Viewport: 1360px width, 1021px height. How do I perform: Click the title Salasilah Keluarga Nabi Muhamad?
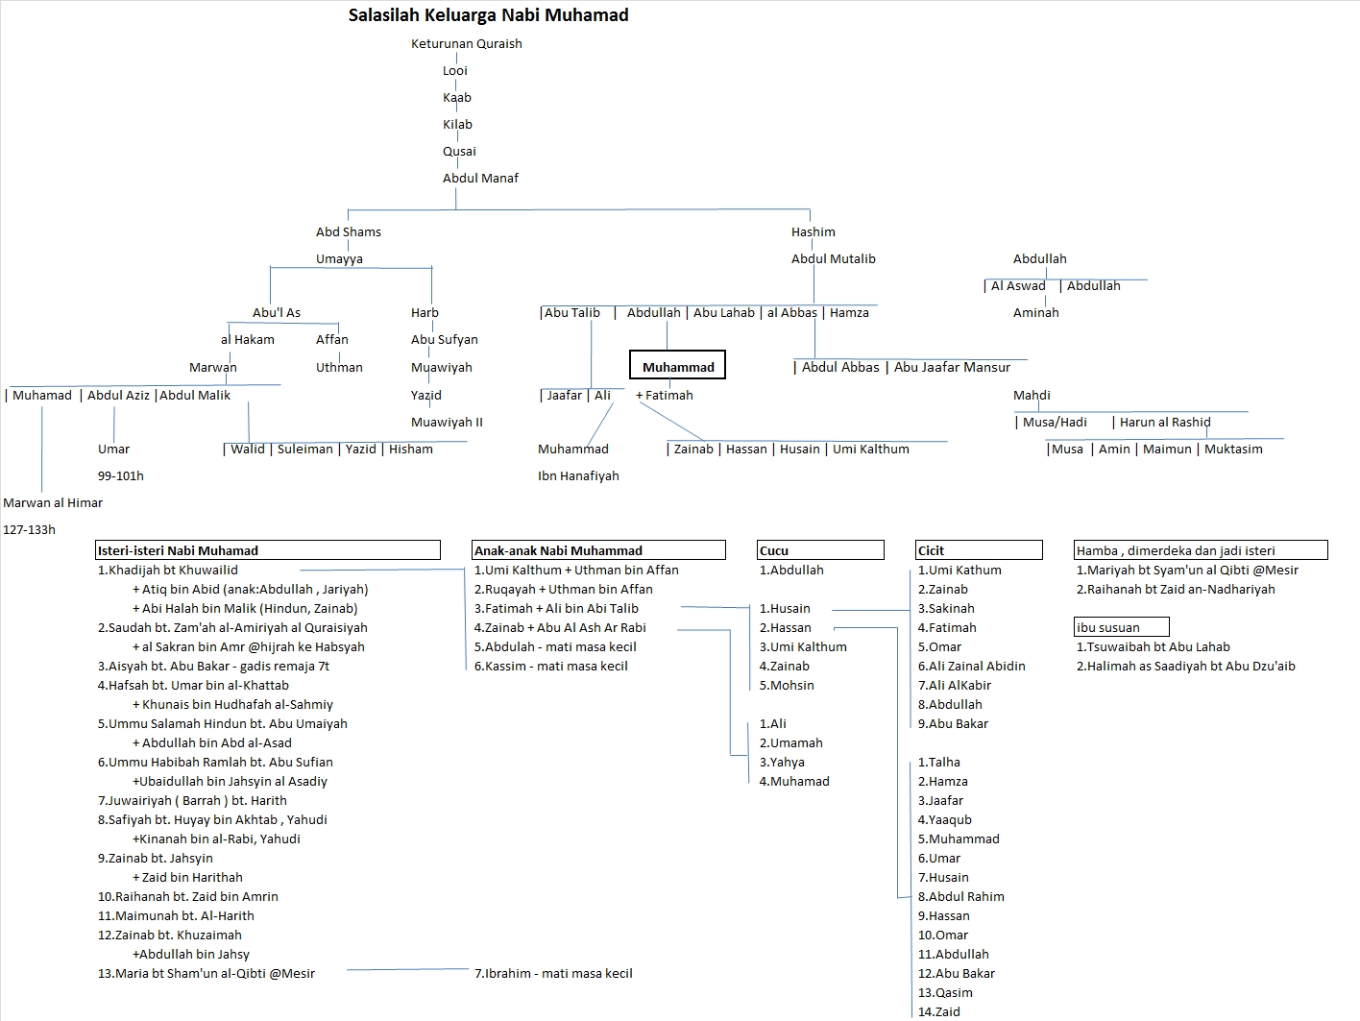488,15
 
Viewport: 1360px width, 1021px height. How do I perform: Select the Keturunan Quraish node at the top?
466,43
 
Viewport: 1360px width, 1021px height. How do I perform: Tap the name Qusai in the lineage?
459,151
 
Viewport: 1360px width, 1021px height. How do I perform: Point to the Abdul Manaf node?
480,178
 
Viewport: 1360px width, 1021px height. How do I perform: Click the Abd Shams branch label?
348,231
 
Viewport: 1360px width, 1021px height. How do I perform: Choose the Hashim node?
813,231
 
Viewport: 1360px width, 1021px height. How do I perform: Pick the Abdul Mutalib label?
833,258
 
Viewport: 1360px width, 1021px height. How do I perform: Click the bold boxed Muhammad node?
678,367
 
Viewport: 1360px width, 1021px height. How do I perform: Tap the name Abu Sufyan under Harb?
444,339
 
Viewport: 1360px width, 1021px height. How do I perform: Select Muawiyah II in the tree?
447,422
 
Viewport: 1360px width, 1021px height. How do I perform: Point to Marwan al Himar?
53,502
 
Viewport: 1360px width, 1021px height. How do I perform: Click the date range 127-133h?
30,529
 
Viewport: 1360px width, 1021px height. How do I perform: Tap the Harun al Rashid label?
1164,422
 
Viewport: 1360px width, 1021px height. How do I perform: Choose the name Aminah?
1035,312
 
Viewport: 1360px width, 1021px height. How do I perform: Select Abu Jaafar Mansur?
952,367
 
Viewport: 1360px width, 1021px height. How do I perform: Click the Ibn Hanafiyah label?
578,475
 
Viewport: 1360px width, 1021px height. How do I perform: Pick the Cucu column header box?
820,550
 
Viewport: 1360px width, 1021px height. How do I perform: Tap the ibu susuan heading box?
1121,627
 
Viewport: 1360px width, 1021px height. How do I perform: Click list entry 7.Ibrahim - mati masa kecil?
553,973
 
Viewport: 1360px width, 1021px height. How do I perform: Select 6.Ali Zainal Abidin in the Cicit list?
971,666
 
